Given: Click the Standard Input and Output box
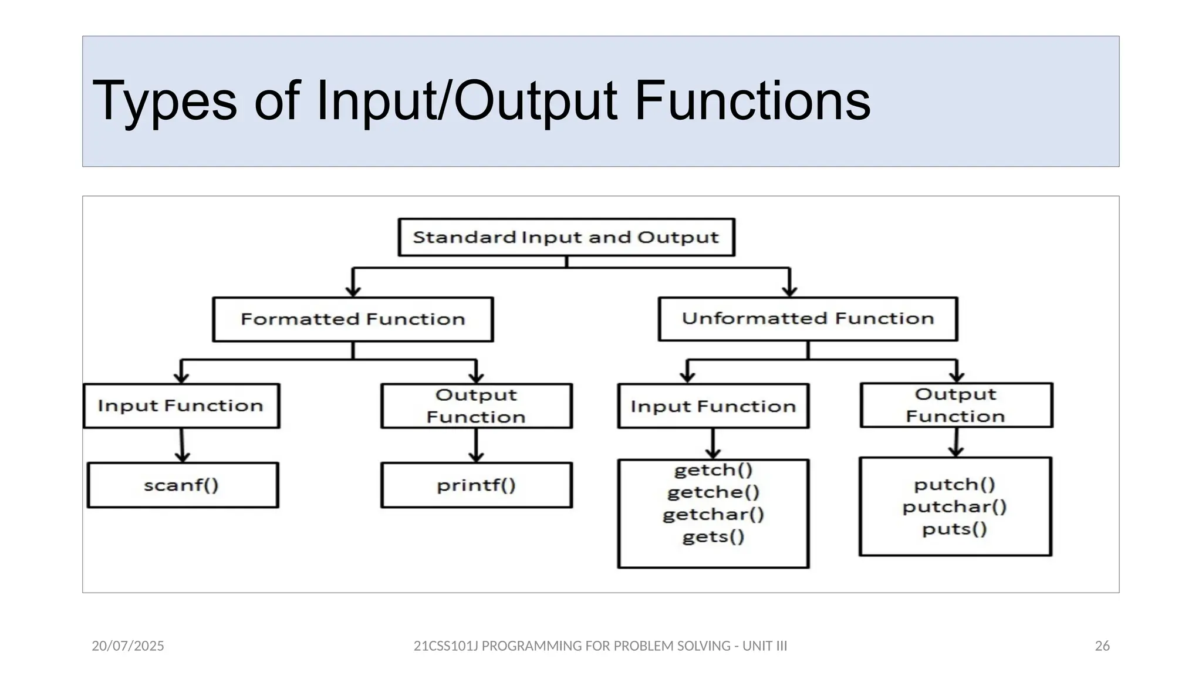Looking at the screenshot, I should coord(566,237).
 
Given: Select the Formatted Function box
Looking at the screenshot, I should coord(353,319).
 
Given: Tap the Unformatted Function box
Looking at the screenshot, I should coord(808,319).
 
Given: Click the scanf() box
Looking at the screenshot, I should coord(182,485).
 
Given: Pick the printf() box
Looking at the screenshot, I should coord(476,485).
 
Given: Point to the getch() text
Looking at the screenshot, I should coord(713,470).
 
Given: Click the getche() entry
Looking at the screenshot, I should coord(713,492).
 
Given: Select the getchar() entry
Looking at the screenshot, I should coord(713,515).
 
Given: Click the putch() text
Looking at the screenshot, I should coord(954,485).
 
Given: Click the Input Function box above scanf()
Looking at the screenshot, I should coord(181,406).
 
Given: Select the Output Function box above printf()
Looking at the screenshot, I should coord(476,406).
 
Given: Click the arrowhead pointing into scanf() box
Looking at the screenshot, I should coord(183,457).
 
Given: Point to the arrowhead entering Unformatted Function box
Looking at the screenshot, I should coord(790,291).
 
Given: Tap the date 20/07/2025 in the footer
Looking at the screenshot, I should coord(128,646).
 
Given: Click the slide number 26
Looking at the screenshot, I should coord(1102,646).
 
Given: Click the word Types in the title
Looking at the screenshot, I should coord(164,102).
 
